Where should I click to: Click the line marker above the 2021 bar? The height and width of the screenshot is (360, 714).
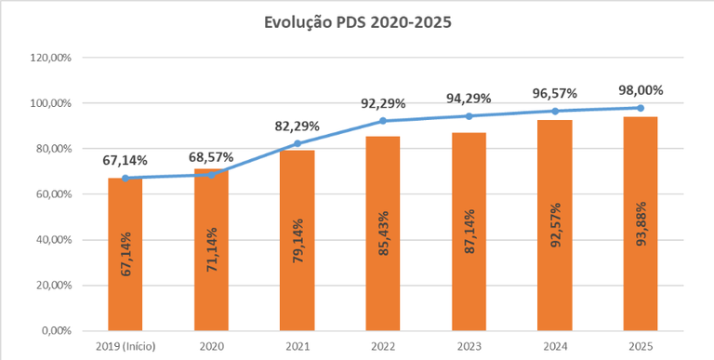click(x=297, y=143)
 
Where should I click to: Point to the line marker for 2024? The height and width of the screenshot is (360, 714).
click(x=555, y=112)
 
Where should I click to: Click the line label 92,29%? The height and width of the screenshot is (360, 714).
click(x=383, y=104)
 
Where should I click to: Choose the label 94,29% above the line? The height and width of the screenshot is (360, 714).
click(x=469, y=99)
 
